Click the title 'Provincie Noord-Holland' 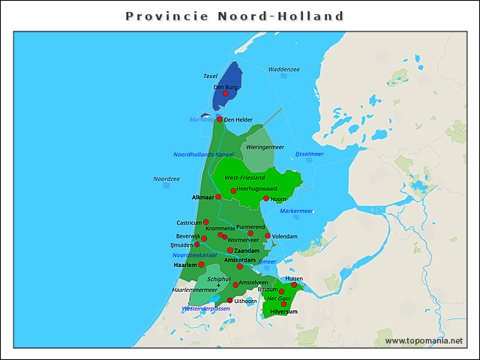click(x=235, y=16)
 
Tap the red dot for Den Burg click(x=226, y=94)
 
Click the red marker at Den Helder click(x=220, y=119)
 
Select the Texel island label click(x=211, y=76)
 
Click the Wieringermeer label click(x=265, y=148)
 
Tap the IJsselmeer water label click(x=309, y=154)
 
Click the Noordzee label click(x=166, y=179)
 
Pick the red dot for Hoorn click(x=266, y=199)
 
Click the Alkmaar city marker click(x=218, y=196)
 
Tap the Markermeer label click(x=296, y=211)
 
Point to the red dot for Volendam click(x=268, y=235)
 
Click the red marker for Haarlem click(x=201, y=265)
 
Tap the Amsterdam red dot click(x=240, y=266)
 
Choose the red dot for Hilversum click(x=283, y=304)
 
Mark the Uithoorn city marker click(x=230, y=300)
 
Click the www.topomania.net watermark click(x=424, y=340)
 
